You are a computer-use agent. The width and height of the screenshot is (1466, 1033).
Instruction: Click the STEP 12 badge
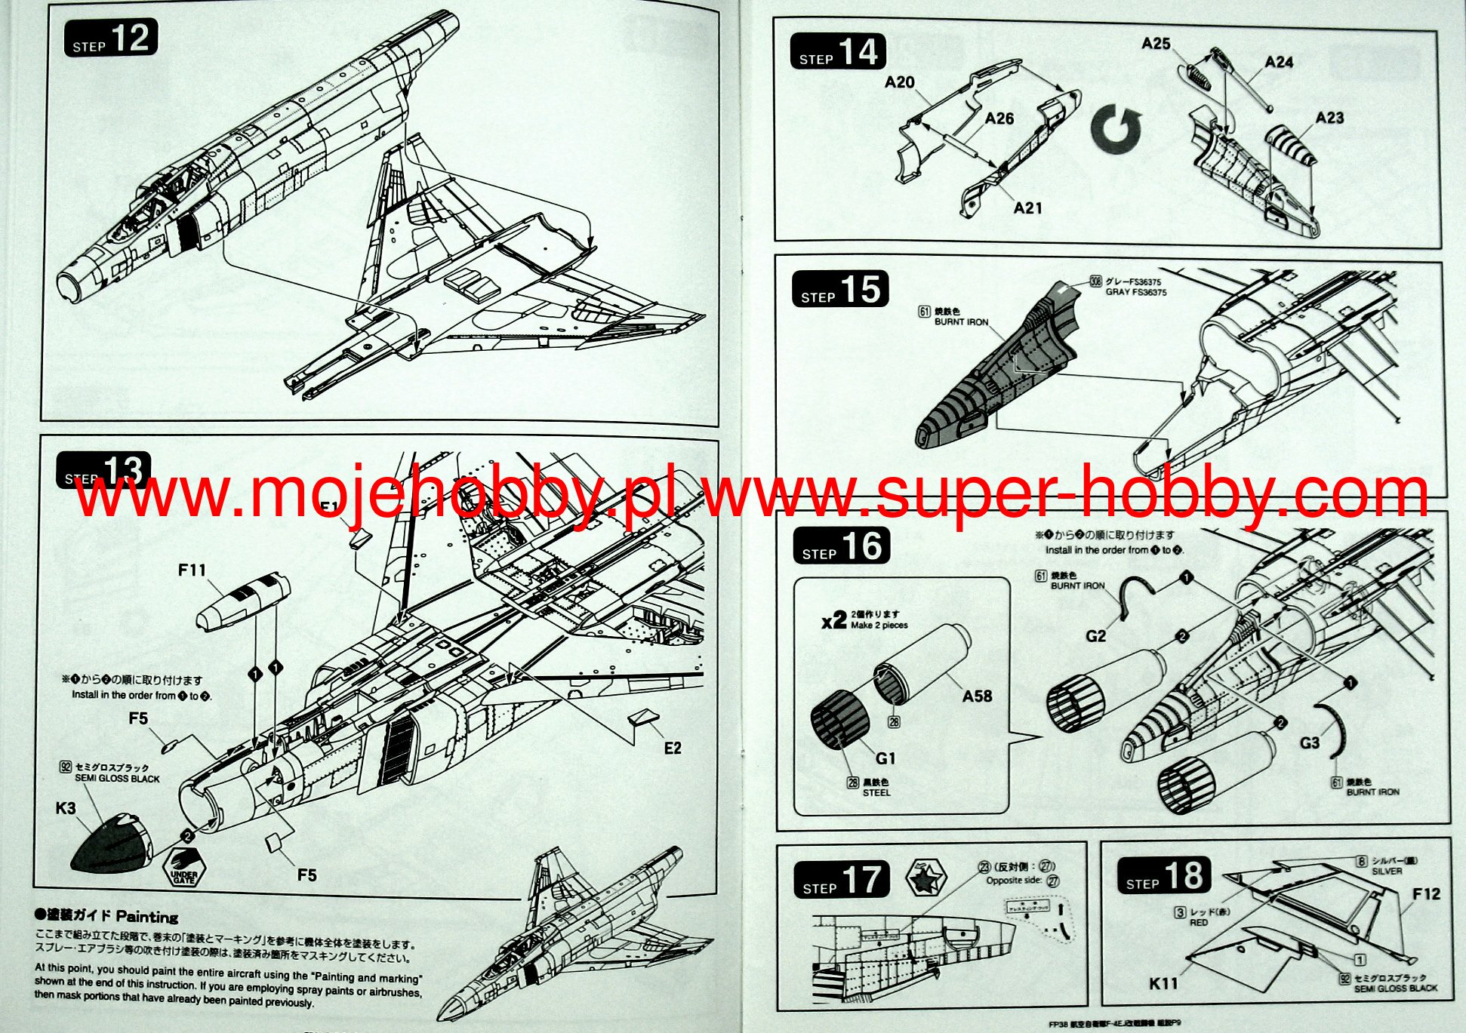pyautogui.click(x=111, y=38)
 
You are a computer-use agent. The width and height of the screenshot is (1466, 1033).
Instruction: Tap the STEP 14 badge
pyautogui.click(x=837, y=53)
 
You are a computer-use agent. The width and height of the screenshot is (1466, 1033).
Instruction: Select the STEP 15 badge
pyautogui.click(x=839, y=290)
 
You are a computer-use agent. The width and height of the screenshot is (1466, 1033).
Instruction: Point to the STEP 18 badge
pyautogui.click(x=1163, y=877)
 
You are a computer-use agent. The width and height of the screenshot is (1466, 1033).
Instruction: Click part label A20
pyautogui.click(x=899, y=82)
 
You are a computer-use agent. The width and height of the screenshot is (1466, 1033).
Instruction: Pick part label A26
pyautogui.click(x=999, y=118)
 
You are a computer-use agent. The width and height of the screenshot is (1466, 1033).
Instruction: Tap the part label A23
pyautogui.click(x=1329, y=118)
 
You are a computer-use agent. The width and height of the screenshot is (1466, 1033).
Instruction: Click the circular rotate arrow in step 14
pyautogui.click(x=1116, y=129)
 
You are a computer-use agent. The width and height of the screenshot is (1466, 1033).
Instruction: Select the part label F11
pyautogui.click(x=192, y=570)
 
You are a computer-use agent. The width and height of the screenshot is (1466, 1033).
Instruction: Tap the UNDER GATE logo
pyautogui.click(x=183, y=867)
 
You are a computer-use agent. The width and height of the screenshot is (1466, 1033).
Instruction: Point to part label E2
pyautogui.click(x=672, y=748)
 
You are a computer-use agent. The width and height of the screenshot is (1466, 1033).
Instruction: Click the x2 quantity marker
pyautogui.click(x=833, y=621)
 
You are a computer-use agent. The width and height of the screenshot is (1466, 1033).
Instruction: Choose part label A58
pyautogui.click(x=977, y=696)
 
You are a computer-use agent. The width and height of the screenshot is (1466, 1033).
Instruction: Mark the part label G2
pyautogui.click(x=1095, y=636)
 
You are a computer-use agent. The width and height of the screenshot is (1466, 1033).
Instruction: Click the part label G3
pyautogui.click(x=1309, y=743)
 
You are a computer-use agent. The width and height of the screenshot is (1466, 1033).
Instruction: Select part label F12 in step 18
pyautogui.click(x=1426, y=894)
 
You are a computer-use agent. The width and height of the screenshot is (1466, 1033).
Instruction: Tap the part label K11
pyautogui.click(x=1163, y=983)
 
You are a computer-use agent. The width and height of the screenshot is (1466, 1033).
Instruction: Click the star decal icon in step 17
pyautogui.click(x=926, y=878)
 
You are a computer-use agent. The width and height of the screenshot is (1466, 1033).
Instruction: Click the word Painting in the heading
pyautogui.click(x=146, y=917)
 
